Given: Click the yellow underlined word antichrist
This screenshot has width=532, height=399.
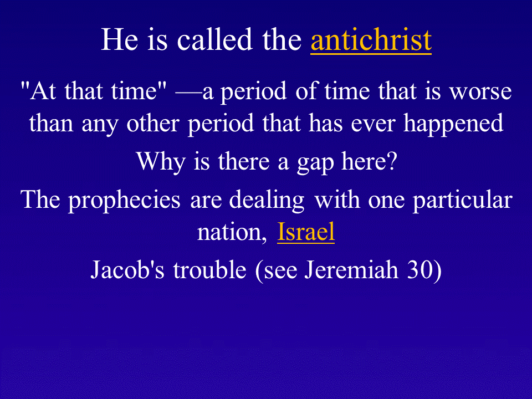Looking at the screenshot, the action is point(371,40).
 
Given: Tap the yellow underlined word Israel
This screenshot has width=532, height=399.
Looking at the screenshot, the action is point(306,232).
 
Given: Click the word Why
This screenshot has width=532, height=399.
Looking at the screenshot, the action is point(161,162).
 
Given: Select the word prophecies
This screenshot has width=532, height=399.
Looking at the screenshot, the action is point(124,201).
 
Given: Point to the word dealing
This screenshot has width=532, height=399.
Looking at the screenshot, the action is point(267,201).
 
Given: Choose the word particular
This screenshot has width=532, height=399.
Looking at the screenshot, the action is point(462,201).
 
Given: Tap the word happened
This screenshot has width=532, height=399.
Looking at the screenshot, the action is point(453,124).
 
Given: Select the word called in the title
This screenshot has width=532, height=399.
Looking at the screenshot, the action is point(215,40).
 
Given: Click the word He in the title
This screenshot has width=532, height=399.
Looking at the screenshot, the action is point(120,40).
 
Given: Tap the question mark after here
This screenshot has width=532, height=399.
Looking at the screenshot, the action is point(392,161).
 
